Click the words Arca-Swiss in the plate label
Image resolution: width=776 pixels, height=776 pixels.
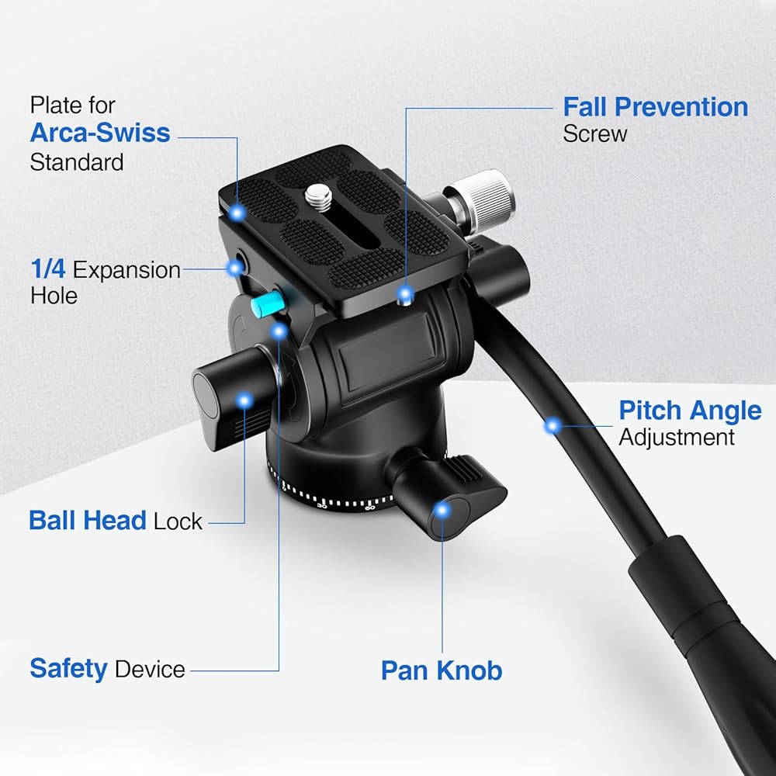[100, 133]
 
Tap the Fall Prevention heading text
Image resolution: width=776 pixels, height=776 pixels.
[656, 107]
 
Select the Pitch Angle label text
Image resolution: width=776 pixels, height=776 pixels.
[690, 411]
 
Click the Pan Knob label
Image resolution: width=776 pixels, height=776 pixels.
[442, 670]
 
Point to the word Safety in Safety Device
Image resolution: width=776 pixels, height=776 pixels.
[68, 669]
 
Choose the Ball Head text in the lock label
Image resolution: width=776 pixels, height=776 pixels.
[88, 521]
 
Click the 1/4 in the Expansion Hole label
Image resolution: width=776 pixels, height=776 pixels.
[47, 268]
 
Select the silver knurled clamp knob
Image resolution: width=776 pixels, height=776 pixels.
[486, 202]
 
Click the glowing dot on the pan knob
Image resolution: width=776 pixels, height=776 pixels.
[442, 511]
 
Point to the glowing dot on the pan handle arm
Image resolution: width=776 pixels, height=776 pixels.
[553, 425]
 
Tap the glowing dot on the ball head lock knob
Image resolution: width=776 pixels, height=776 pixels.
[244, 400]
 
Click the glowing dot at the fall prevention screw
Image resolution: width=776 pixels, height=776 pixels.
[406, 294]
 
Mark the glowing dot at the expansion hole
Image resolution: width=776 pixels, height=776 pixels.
[235, 268]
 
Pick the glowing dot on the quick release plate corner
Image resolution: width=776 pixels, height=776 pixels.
[237, 213]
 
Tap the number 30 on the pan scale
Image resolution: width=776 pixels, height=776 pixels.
[322, 505]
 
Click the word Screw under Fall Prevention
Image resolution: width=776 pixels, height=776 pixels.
[595, 134]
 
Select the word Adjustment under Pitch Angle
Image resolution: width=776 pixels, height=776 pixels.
[677, 438]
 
